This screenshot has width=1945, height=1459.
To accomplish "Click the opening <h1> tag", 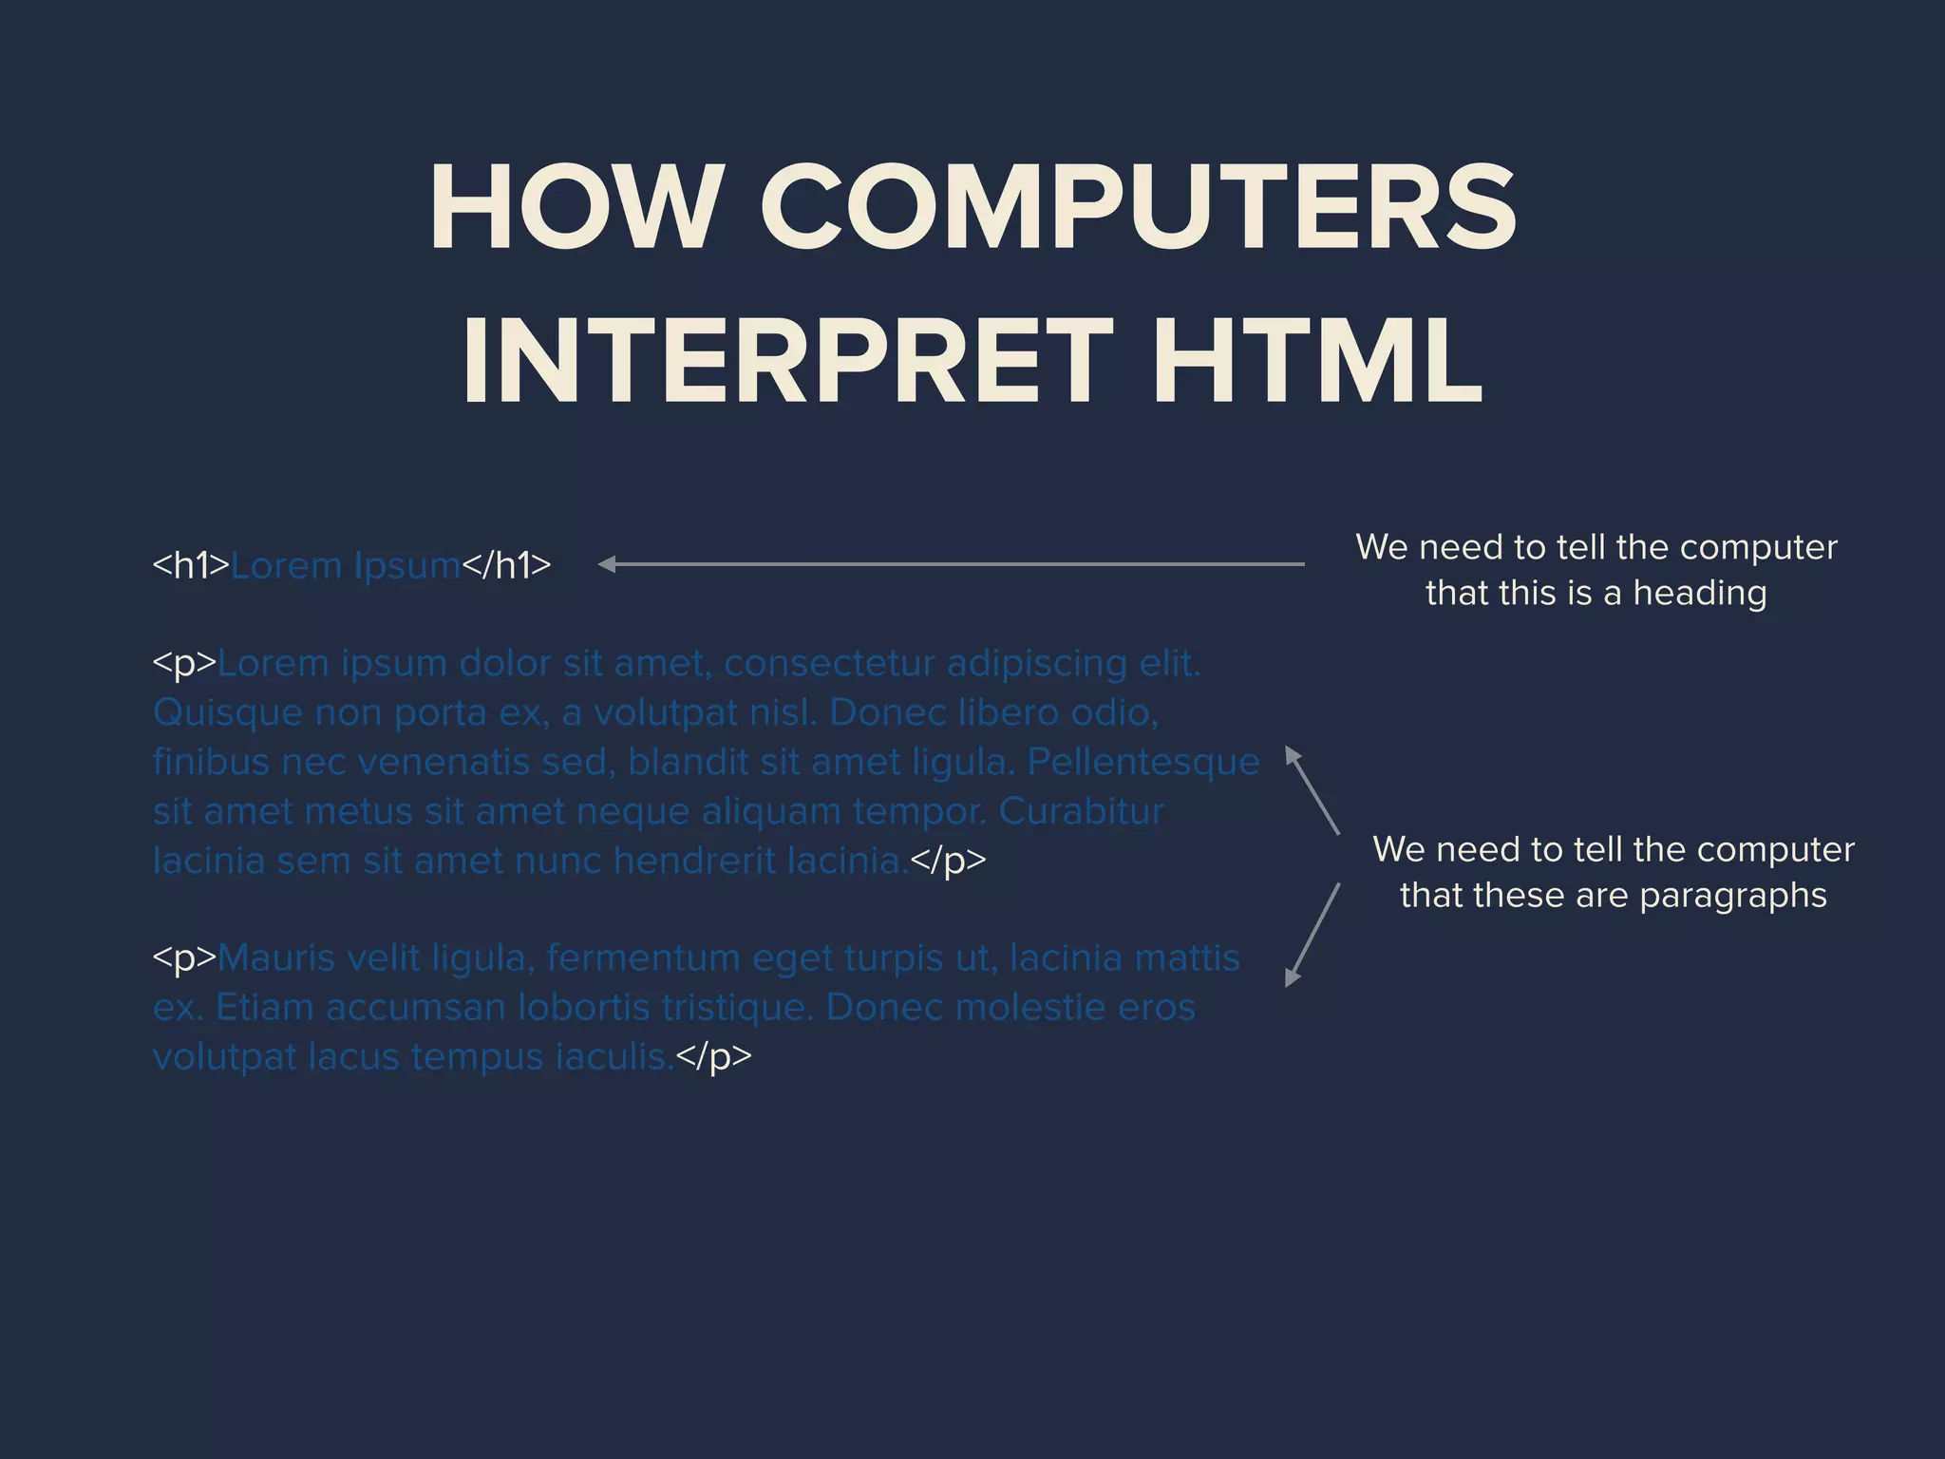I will pos(191,565).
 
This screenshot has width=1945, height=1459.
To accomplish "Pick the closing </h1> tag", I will pos(506,565).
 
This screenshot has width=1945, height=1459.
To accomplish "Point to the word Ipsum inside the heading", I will pos(406,566).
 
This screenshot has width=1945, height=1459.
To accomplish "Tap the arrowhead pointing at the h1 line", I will pos(608,564).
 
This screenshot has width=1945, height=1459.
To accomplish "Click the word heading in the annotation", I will pos(1699,594).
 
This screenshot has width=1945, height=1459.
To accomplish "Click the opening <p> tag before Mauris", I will pos(184,957).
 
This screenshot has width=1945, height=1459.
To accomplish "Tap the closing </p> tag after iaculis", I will pos(713,1056).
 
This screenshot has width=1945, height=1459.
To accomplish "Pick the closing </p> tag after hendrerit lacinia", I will pos(948,860).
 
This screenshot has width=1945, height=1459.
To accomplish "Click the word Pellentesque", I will pos(1143,762).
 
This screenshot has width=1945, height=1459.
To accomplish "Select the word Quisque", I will pos(227,713).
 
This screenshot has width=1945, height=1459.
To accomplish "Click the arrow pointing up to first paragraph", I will pos(1312,790).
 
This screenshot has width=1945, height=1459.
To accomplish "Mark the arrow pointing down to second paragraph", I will pos(1312,936).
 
